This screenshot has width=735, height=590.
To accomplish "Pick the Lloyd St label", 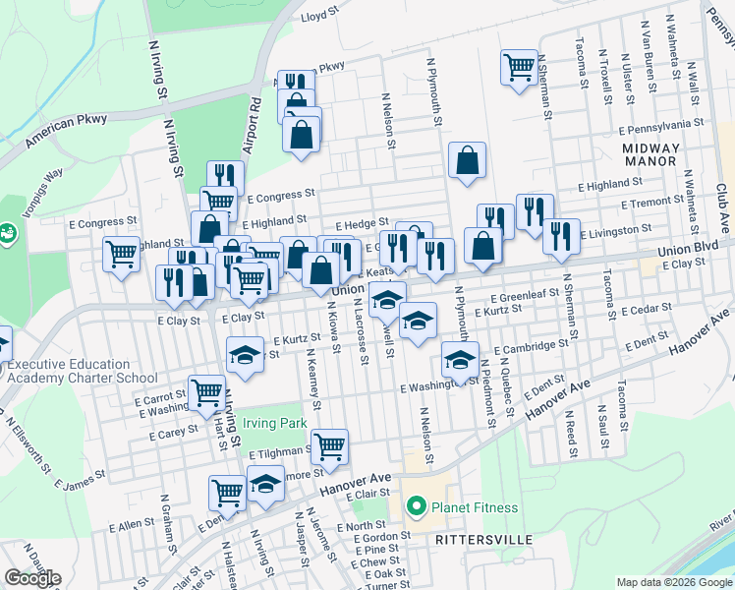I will [319, 17].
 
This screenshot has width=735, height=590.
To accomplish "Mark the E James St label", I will [81, 481].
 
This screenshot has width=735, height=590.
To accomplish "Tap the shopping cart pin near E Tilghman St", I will [329, 445].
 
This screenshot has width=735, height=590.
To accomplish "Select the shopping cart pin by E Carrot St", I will [206, 391].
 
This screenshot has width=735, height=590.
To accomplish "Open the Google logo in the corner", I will [32, 578].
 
